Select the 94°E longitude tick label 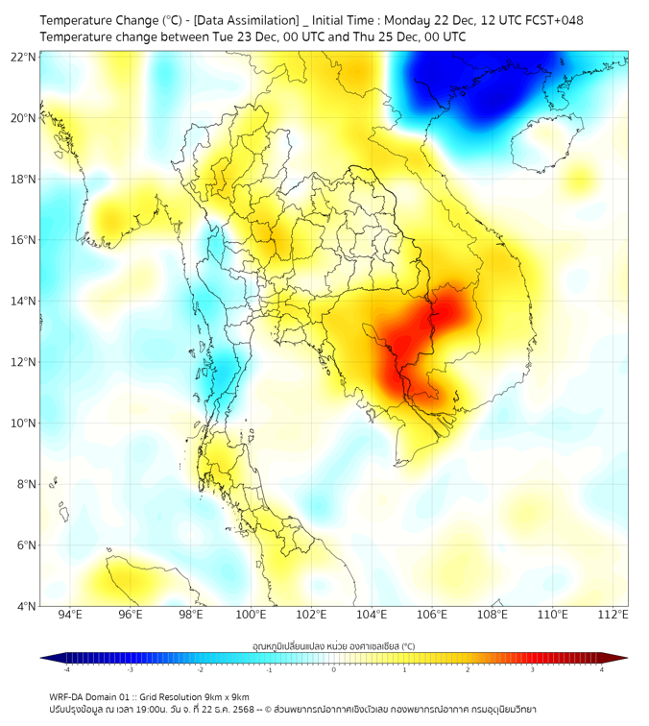tap(70, 615)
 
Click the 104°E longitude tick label tap(372, 615)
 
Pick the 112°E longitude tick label tap(613, 615)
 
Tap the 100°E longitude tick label tap(251, 615)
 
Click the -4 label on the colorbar tap(66, 669)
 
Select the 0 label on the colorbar tap(334, 669)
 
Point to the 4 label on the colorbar tap(601, 669)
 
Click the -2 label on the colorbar tap(200, 669)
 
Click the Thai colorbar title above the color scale tap(333, 646)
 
